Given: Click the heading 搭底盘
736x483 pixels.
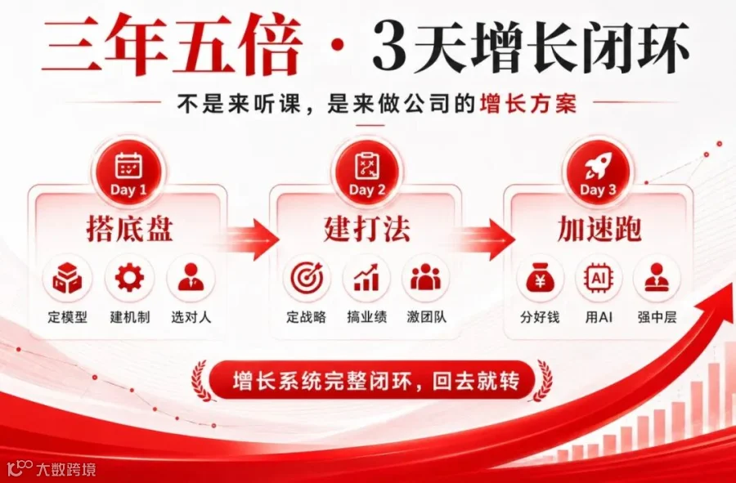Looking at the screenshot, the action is (x=129, y=229).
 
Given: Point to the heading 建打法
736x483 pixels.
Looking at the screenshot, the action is (x=366, y=229).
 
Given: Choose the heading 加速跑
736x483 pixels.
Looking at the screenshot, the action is (x=599, y=229).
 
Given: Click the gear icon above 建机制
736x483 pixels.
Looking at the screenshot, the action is (x=129, y=278).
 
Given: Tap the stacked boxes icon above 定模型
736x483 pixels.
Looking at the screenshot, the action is (x=67, y=278).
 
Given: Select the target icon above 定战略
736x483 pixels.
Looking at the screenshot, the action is (x=307, y=278).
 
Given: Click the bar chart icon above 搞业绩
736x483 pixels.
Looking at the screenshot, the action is (x=366, y=278).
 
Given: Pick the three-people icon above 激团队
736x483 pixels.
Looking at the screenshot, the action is (x=425, y=277).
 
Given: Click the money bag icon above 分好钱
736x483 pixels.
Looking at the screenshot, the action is (x=540, y=278).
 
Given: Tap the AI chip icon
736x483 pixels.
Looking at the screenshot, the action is (x=598, y=278).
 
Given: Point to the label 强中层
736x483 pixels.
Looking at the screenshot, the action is (x=657, y=317).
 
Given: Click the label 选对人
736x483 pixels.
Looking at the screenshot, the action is (x=191, y=317).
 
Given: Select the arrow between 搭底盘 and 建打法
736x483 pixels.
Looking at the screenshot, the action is (x=251, y=239).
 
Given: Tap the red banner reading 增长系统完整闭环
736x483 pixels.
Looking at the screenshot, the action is (x=372, y=380).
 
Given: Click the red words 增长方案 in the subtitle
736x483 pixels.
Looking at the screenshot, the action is (x=528, y=104).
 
